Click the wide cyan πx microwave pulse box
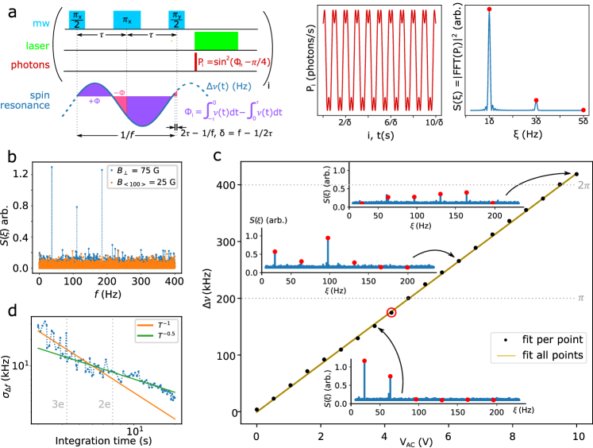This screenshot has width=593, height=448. point(126,20)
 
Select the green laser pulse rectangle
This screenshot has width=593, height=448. point(216,41)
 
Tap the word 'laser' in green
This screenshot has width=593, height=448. point(37,46)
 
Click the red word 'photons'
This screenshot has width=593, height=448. point(30,65)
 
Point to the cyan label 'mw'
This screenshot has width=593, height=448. point(41,23)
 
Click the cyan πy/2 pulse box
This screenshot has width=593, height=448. point(176,20)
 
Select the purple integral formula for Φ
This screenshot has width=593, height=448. point(233,113)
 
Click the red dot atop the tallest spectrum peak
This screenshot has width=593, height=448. point(488,10)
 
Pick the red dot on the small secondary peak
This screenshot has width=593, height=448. point(536,100)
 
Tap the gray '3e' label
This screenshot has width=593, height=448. point(58,404)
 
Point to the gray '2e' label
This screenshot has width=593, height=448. point(104,404)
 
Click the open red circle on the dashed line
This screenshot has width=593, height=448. point(391,312)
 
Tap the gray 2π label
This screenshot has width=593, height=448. point(583,185)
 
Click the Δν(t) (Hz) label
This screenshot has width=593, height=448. point(229,87)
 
